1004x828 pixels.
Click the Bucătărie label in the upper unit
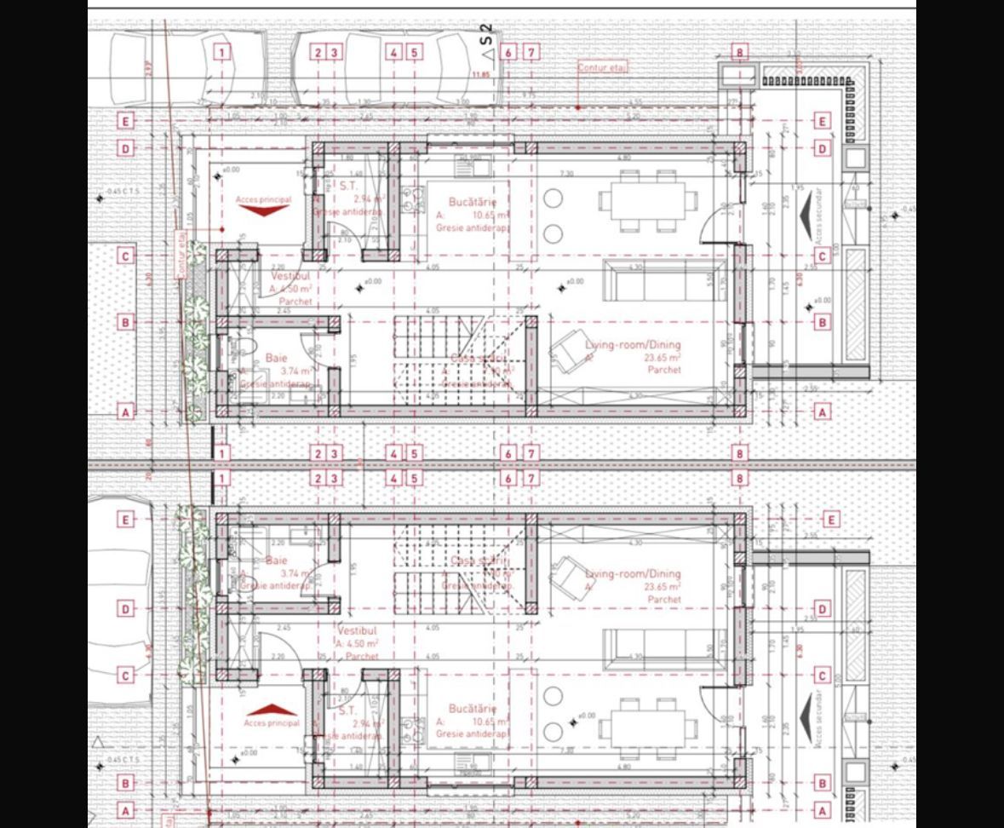click(472, 202)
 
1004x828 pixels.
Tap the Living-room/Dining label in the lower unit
click(633, 573)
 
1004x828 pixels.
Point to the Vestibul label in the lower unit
click(352, 631)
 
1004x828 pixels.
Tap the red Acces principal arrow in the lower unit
click(272, 709)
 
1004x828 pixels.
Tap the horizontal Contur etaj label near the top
click(602, 67)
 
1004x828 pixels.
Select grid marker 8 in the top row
click(739, 53)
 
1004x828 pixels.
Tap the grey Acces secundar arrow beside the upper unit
click(805, 210)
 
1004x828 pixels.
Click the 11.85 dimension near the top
click(480, 75)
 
